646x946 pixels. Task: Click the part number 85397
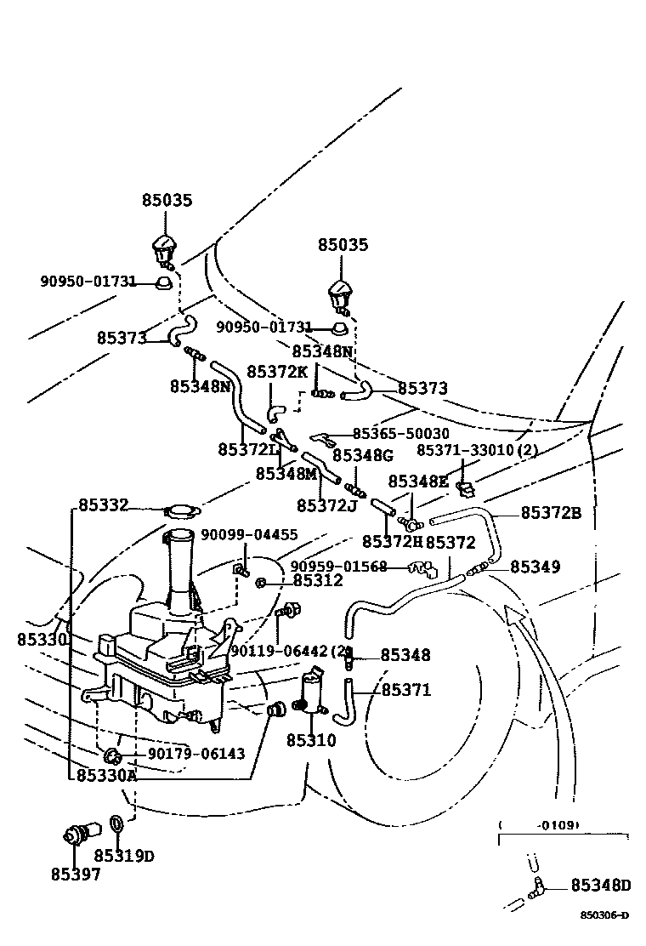point(75,875)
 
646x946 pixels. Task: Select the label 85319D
point(124,855)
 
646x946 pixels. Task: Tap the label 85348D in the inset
point(600,886)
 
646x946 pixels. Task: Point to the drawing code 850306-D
point(604,915)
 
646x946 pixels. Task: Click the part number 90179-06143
point(196,754)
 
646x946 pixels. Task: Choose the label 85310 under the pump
point(311,740)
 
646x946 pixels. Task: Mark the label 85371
point(405,690)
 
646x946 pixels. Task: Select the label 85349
point(535,566)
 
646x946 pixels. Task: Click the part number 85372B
point(551,512)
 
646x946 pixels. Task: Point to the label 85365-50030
point(400,434)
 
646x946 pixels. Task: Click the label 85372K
point(277,372)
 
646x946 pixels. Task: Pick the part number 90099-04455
point(249,535)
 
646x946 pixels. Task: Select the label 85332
point(104,505)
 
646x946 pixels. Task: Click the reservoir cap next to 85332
point(181,511)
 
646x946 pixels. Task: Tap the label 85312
point(318,581)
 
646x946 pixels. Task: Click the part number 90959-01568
point(338,567)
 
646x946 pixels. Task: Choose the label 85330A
point(106,775)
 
